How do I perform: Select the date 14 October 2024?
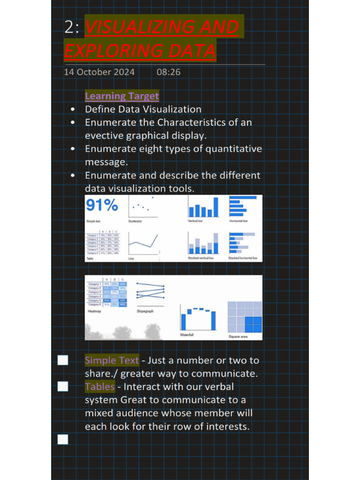[x=99, y=72]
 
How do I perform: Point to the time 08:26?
[x=168, y=72]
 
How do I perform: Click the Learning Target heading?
[x=122, y=96]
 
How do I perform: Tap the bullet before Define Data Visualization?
[x=73, y=110]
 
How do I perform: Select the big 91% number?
[x=102, y=205]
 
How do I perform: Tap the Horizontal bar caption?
[x=239, y=221]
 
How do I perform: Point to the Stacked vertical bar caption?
[x=201, y=258]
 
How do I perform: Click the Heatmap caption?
[x=95, y=311]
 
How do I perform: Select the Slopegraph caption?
[x=145, y=311]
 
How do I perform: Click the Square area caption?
[x=238, y=337]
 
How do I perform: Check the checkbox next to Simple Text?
[x=63, y=360]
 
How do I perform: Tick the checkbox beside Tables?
[x=63, y=387]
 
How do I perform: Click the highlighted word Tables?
[x=100, y=387]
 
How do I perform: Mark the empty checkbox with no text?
[x=63, y=439]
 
